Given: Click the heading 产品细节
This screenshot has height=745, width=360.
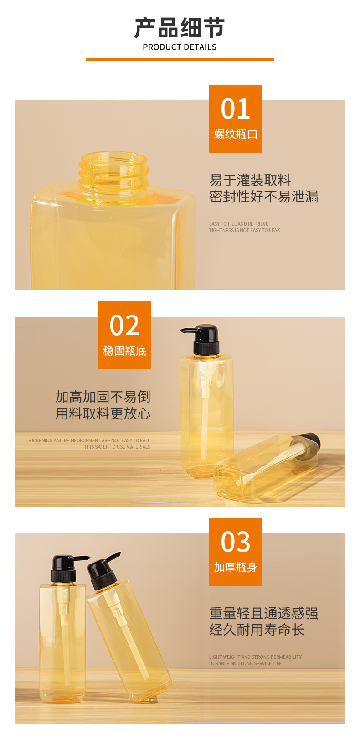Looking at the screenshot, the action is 180,28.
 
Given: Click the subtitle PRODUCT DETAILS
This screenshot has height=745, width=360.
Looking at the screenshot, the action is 180,47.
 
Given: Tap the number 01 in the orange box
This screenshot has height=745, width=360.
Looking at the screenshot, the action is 235,109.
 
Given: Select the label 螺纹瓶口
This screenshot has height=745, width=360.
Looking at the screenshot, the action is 236,134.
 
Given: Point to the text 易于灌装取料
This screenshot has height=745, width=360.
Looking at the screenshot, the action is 250,180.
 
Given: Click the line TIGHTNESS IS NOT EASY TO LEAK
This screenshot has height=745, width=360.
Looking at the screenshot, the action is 244,230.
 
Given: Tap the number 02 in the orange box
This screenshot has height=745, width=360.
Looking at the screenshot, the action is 124,325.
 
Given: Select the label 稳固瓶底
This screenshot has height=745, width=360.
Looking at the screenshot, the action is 124,351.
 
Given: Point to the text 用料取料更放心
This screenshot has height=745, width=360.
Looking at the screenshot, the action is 103,414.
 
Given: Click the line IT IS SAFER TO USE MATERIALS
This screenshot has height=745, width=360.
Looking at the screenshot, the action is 118,447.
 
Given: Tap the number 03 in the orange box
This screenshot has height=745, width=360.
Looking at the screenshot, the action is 235,542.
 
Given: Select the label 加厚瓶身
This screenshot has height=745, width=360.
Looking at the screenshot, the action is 236,567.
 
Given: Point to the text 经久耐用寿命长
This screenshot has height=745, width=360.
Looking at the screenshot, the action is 257,630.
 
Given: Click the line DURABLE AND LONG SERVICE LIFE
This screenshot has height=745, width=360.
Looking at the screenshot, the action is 245,663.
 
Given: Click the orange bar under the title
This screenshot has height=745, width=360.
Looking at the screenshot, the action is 180,60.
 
